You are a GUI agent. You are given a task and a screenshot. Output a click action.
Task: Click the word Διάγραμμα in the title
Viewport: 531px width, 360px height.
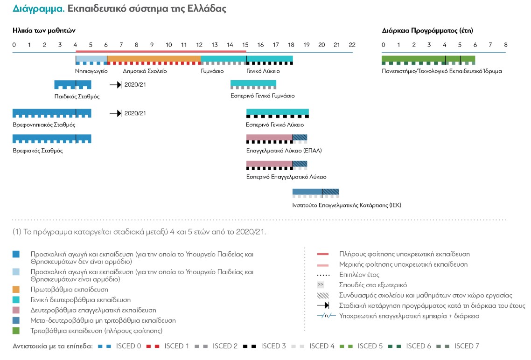click(x=32, y=9)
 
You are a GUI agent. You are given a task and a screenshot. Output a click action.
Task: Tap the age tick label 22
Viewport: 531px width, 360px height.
click(x=352, y=45)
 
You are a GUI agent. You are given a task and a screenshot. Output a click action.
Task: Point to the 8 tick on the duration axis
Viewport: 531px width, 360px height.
click(x=505, y=45)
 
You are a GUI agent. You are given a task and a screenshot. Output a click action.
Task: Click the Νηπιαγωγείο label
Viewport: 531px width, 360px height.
click(x=91, y=71)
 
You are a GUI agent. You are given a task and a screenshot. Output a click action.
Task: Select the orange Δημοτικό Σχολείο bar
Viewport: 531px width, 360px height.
click(x=154, y=59)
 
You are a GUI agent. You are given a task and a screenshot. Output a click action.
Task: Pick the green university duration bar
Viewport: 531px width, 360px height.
click(x=428, y=59)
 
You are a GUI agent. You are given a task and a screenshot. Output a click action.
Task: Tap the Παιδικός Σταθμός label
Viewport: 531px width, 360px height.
click(x=77, y=97)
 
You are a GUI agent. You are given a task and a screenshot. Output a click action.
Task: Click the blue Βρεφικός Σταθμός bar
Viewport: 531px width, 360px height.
click(x=51, y=138)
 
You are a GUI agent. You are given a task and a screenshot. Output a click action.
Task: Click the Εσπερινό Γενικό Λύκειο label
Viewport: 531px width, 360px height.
click(x=275, y=125)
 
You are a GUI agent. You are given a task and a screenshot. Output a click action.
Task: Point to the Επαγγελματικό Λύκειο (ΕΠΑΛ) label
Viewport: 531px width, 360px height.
click(x=284, y=151)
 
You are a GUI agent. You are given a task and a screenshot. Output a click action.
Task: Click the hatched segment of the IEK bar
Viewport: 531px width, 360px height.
click(x=330, y=192)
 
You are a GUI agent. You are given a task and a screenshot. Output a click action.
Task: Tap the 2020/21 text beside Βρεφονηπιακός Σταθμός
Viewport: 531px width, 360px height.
click(x=135, y=113)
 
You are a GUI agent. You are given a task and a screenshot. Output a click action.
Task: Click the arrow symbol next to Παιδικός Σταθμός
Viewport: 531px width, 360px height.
click(x=115, y=85)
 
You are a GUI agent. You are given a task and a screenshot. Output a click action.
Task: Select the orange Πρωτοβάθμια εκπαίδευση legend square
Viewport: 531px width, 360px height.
click(x=16, y=290)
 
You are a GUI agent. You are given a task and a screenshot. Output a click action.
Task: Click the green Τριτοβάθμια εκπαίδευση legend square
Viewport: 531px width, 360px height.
click(x=16, y=331)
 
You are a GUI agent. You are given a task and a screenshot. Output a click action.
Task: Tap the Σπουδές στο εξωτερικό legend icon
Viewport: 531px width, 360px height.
click(x=321, y=284)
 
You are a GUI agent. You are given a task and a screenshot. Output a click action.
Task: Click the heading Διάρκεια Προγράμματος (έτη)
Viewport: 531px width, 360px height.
click(x=427, y=31)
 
